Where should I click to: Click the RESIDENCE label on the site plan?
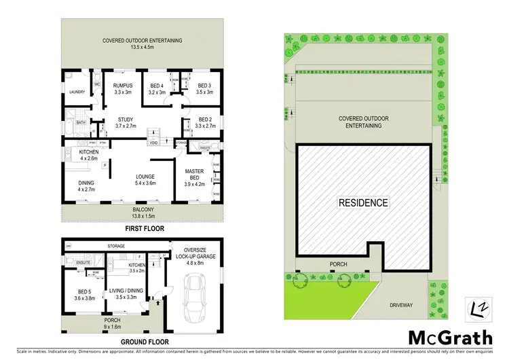[x=364, y=203]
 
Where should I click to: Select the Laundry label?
[x=77, y=92]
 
